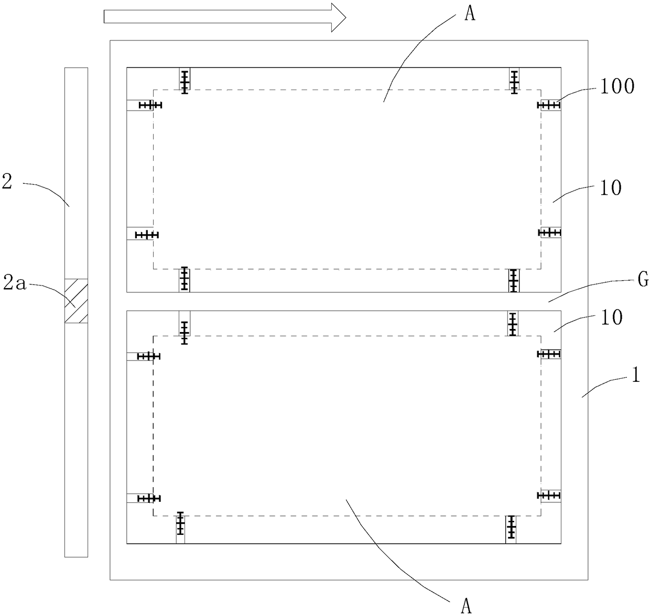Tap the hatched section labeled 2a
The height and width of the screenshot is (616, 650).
[x=76, y=301]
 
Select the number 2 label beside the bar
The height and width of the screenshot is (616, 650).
[x=7, y=184]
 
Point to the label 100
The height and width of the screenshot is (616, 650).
[x=617, y=86]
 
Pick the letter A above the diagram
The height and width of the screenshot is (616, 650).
[x=470, y=13]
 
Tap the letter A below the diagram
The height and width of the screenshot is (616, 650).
[x=466, y=606]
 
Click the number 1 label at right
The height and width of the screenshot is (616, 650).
[x=635, y=375]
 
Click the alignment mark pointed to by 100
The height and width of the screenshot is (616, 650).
[x=549, y=105]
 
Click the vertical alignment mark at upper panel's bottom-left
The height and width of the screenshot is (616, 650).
[x=184, y=279]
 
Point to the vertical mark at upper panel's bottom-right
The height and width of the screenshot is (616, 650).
[x=513, y=280]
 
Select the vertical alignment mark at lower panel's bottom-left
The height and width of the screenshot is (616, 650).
[x=180, y=523]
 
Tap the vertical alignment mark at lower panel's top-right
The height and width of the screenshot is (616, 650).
[x=513, y=324]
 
